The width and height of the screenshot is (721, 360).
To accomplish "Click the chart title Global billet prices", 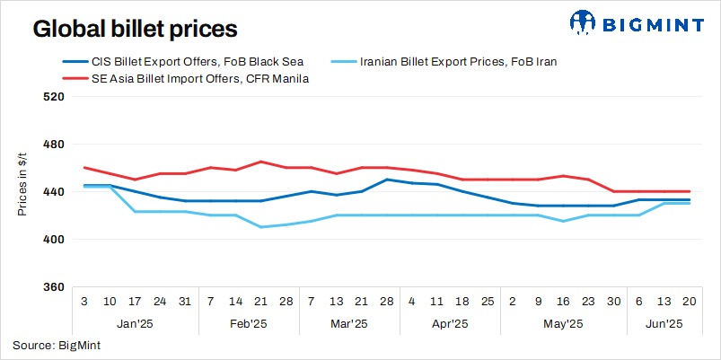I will tap(135, 29).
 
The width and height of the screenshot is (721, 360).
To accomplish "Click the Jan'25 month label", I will tap(134, 323).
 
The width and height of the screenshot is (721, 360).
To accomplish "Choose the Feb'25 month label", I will tap(247, 323).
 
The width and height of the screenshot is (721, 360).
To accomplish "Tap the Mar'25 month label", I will tap(347, 323).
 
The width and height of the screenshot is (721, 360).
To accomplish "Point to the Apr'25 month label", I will tap(448, 323).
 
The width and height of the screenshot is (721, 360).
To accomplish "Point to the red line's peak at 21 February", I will tap(260, 162).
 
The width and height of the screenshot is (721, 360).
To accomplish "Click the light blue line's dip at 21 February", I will tap(260, 227).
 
